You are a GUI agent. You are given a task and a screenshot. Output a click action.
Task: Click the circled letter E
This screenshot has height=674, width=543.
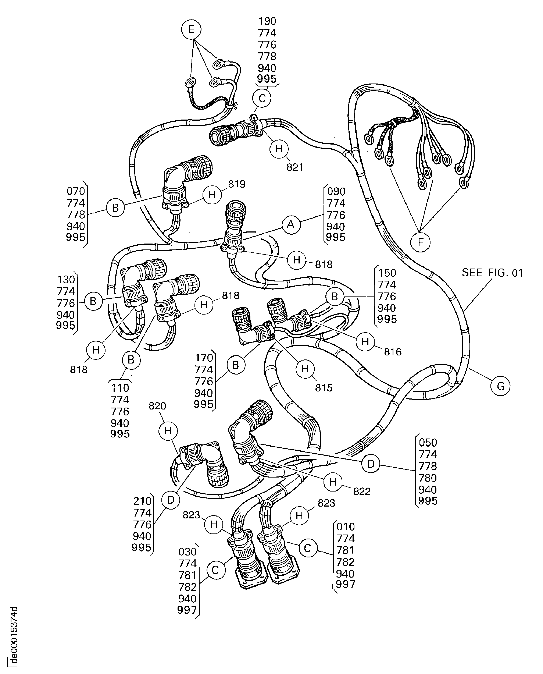coord(191,29)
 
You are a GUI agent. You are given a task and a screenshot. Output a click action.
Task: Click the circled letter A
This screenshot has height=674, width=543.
coord(291,224)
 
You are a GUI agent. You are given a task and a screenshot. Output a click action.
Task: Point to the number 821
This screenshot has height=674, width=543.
coord(295,167)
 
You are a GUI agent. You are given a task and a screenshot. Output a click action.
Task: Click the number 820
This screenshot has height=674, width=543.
coord(157,406)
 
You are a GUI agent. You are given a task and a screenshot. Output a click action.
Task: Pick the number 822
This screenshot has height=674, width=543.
coord(362,491)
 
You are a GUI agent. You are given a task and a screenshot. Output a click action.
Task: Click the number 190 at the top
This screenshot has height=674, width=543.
coord(267,21)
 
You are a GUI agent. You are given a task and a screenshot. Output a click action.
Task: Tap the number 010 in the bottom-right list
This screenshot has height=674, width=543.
coord(345,527)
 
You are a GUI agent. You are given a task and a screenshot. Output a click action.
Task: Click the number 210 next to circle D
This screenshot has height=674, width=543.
coord(142,501)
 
